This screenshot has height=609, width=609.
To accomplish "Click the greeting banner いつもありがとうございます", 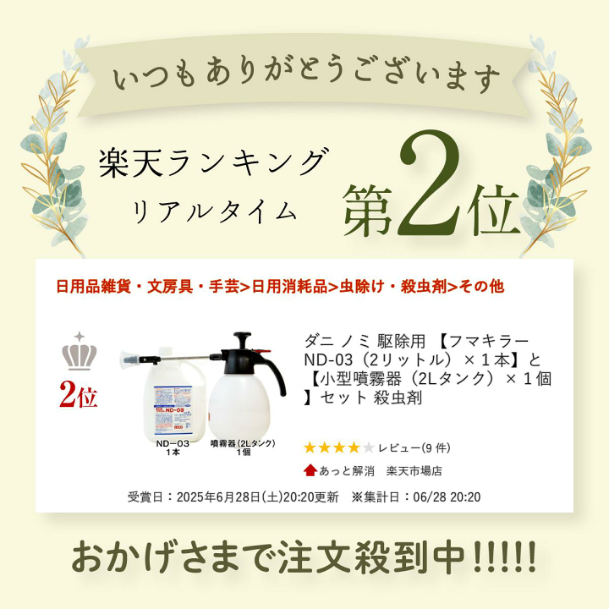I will tap(304, 80).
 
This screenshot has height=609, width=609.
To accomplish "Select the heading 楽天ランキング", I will tap(212, 162).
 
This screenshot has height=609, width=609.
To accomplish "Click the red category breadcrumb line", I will tap(279, 286).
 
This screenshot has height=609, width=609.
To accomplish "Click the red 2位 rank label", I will tap(79, 396).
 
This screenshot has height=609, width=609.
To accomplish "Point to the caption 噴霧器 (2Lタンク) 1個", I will tap(243, 447).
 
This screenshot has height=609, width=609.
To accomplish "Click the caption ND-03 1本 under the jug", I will tap(173, 447).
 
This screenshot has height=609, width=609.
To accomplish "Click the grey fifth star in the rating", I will tap(368, 447).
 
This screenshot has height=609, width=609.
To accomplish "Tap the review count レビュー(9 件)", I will tap(414, 447).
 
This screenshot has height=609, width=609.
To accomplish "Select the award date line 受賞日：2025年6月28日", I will tap(233, 496).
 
